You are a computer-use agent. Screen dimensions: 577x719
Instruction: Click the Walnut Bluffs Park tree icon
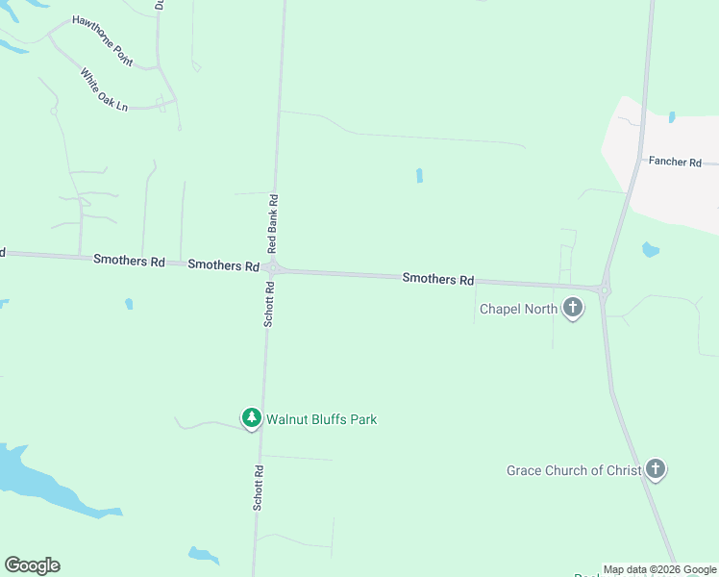[x=251, y=418]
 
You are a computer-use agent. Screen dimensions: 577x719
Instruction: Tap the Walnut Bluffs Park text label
[x=321, y=419]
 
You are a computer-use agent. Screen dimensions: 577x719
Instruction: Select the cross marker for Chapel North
[x=573, y=308]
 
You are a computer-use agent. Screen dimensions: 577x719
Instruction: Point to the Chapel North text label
[x=517, y=309]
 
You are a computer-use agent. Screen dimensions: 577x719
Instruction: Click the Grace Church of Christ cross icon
[x=656, y=469]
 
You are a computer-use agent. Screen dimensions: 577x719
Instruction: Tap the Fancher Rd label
[x=675, y=162]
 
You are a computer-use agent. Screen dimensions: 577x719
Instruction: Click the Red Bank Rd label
[x=273, y=224]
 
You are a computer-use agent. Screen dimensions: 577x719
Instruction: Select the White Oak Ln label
[x=104, y=89]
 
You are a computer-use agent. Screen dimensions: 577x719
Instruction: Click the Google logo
[x=32, y=565]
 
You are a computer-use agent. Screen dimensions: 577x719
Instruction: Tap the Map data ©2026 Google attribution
[x=660, y=569]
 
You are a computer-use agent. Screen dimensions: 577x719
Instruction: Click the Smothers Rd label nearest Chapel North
[x=438, y=279]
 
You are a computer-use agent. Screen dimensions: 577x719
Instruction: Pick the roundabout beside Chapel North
[x=604, y=288]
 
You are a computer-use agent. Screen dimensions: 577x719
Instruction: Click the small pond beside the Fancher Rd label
[x=671, y=117]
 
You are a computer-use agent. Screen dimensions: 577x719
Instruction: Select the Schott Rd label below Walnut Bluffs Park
[x=259, y=488]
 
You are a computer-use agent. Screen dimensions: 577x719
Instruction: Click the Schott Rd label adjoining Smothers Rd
[x=269, y=305]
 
